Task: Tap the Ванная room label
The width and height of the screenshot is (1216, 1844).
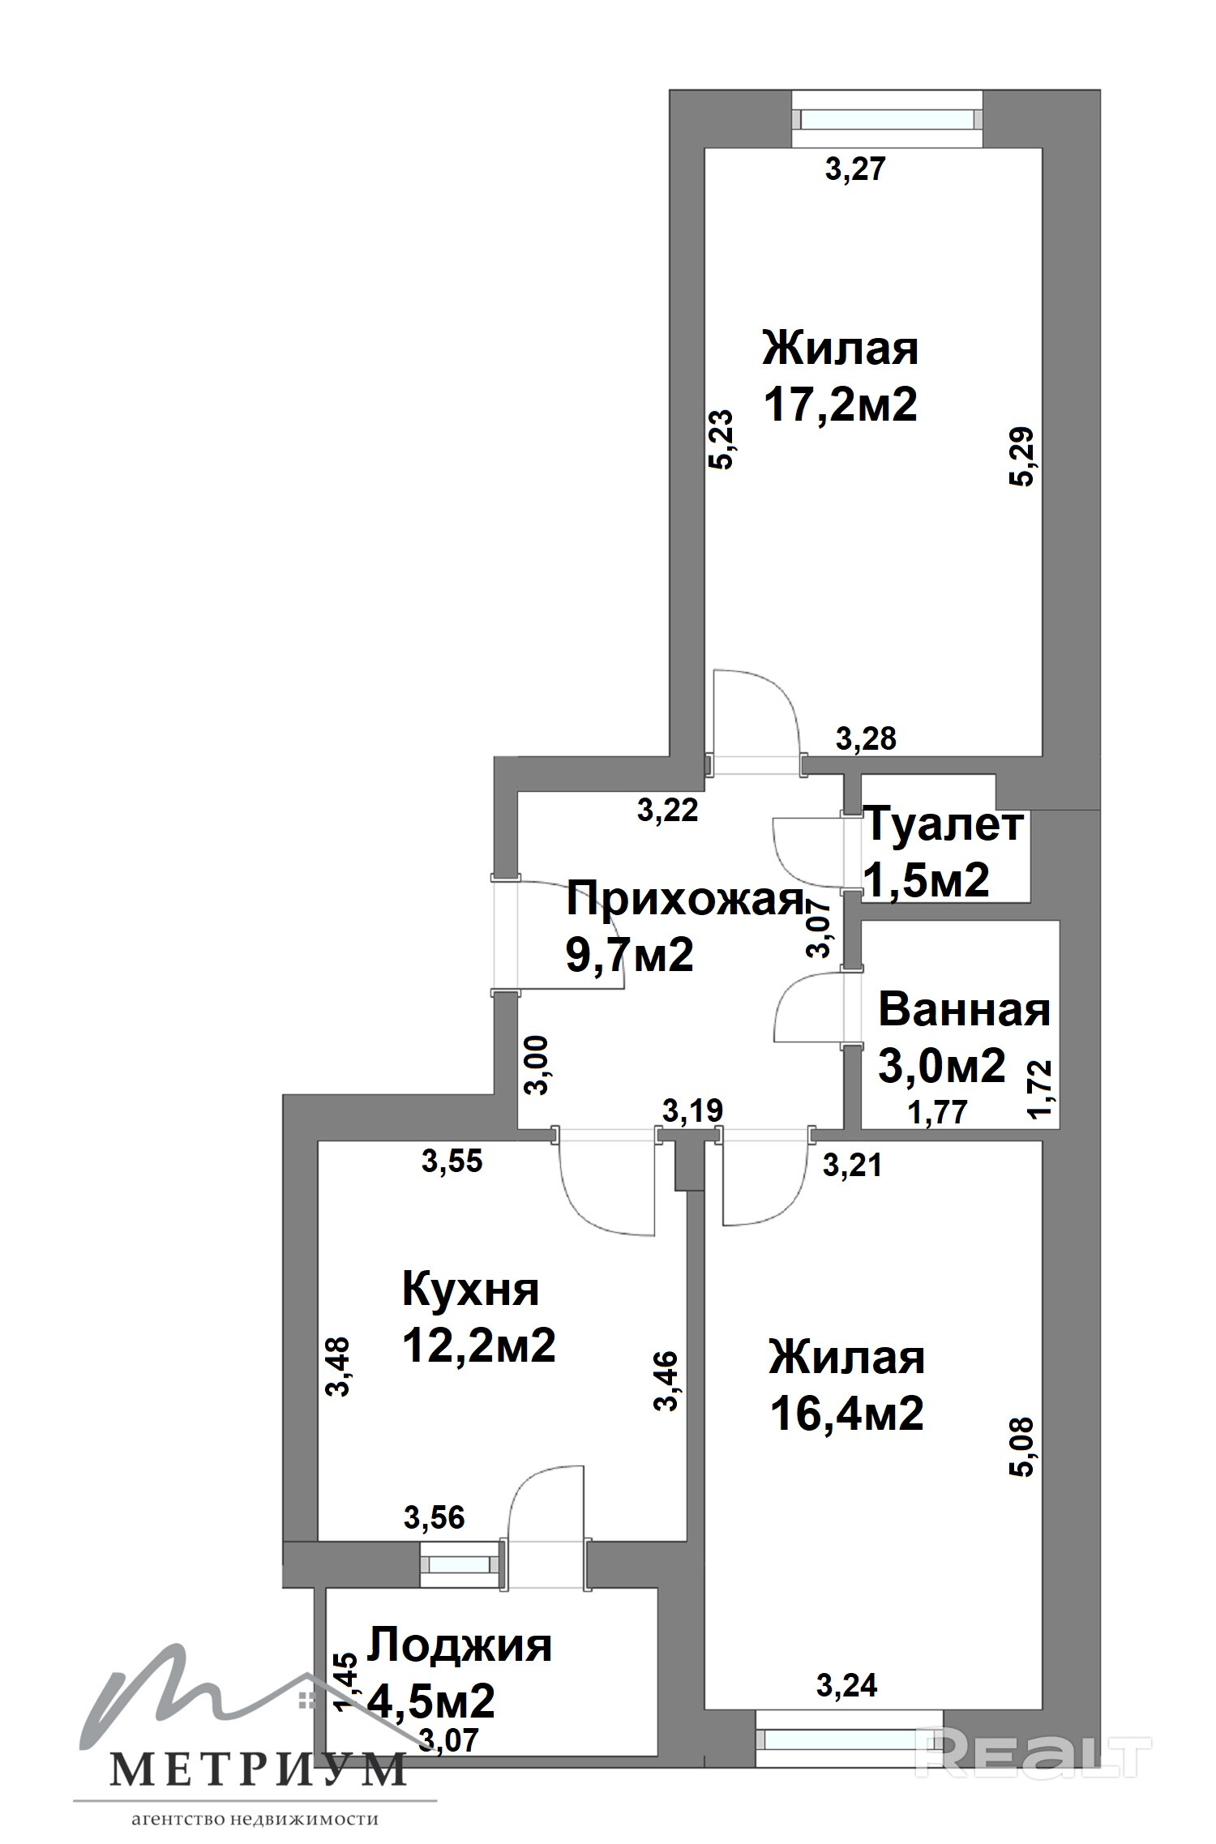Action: click(964, 1011)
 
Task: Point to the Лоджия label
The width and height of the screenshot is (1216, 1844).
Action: click(460, 1646)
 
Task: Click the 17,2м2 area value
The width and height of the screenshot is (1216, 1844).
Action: click(841, 404)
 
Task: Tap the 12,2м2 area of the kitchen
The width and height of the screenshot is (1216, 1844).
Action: click(479, 1346)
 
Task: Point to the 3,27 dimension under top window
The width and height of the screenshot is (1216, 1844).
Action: click(855, 170)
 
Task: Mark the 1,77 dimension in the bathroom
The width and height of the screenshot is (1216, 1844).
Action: click(937, 1112)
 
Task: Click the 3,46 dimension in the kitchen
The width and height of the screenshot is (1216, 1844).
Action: click(666, 1381)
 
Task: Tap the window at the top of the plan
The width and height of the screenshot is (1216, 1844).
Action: click(887, 119)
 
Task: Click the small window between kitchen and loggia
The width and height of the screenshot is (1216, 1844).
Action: click(459, 1563)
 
